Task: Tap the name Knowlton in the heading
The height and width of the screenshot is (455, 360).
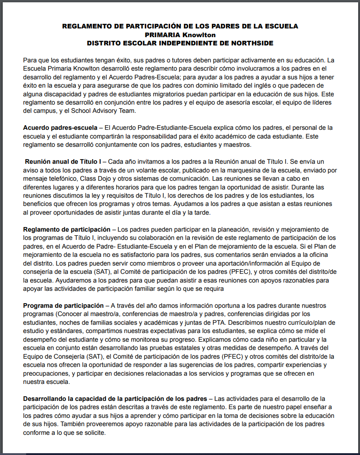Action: tap(199, 34)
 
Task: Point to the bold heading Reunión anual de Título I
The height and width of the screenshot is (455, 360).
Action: tap(63, 161)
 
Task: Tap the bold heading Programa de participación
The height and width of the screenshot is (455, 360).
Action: tap(63, 305)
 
